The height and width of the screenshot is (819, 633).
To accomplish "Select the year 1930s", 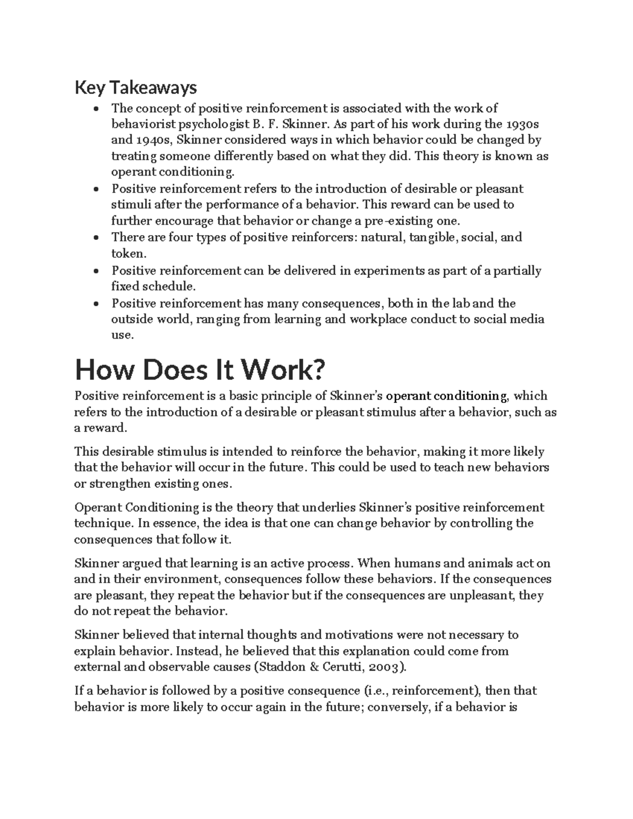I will pyautogui.click(x=528, y=124).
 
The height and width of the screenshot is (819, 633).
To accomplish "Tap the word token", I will pyautogui.click(x=127, y=254).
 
